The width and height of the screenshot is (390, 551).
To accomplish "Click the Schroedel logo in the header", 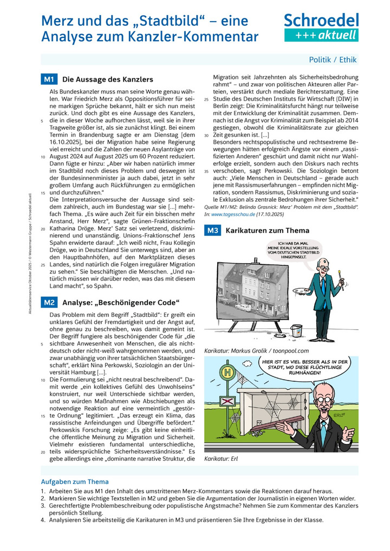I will pos(321,21).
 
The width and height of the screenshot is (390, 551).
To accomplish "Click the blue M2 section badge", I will pos(49,302).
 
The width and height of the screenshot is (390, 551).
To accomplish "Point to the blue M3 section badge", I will pos(212,231).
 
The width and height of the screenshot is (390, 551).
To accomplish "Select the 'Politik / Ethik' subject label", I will pos(333,60).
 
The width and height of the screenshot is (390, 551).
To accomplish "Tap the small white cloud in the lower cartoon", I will pos(246,363).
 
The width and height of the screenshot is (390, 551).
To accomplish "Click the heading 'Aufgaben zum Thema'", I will pos(75,481).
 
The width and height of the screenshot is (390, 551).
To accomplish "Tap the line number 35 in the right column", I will pos(206,170).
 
